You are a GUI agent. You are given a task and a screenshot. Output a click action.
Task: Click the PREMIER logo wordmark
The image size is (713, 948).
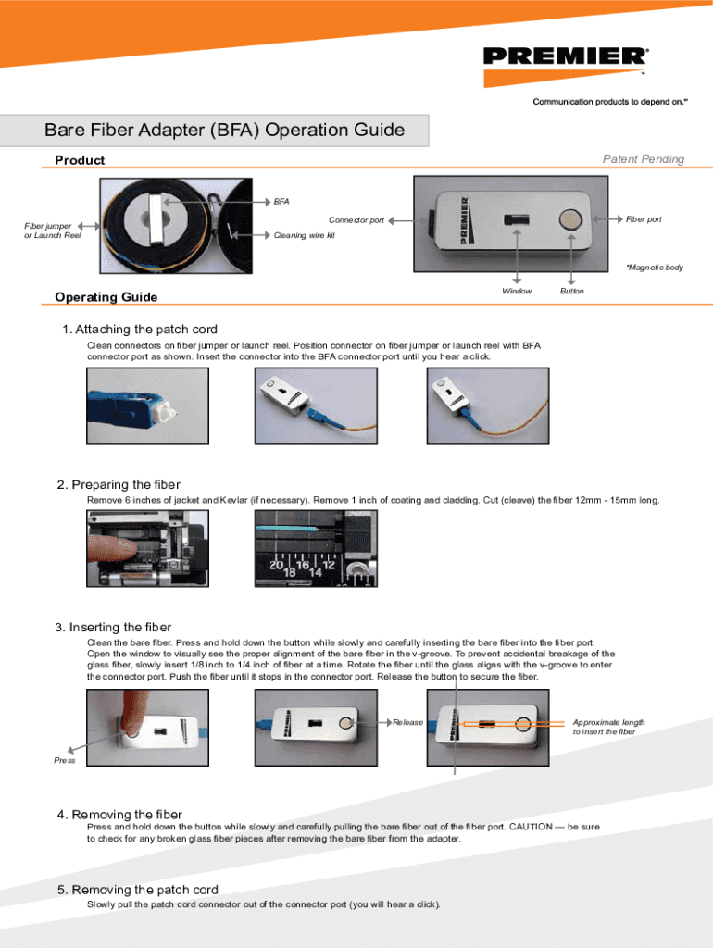tap(565, 56)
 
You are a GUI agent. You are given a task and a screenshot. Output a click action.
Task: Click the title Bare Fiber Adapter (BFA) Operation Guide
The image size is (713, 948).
tap(225, 131)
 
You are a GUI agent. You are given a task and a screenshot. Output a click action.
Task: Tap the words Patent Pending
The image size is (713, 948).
tap(643, 159)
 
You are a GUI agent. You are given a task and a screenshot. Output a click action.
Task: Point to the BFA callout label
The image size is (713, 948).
tap(281, 201)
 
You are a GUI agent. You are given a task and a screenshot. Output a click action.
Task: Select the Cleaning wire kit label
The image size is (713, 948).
tap(305, 235)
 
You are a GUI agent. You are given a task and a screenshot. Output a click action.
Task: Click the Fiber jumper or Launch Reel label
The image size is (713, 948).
tap(53, 231)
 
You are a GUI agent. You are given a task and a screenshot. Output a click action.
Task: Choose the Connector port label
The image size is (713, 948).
tap(356, 220)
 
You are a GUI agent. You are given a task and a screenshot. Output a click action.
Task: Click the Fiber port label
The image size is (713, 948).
tap(644, 219)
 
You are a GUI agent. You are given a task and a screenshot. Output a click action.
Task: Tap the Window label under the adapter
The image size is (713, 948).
tap(517, 291)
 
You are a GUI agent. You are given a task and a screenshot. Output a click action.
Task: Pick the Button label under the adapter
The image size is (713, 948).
tap(572, 291)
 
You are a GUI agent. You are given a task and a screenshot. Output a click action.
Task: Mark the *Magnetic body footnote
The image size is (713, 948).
tap(654, 268)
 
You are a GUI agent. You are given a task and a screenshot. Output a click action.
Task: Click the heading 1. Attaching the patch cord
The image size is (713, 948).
tap(140, 330)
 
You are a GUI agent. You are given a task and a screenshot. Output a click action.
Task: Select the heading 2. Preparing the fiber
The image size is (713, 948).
tap(119, 485)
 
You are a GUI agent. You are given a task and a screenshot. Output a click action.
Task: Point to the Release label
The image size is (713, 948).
tap(407, 722)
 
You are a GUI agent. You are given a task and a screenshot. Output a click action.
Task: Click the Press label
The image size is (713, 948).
tap(64, 760)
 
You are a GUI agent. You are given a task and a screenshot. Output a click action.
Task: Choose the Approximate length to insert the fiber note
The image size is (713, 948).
tap(608, 727)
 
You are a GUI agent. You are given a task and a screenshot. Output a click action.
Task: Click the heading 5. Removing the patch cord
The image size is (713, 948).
tap(138, 890)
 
